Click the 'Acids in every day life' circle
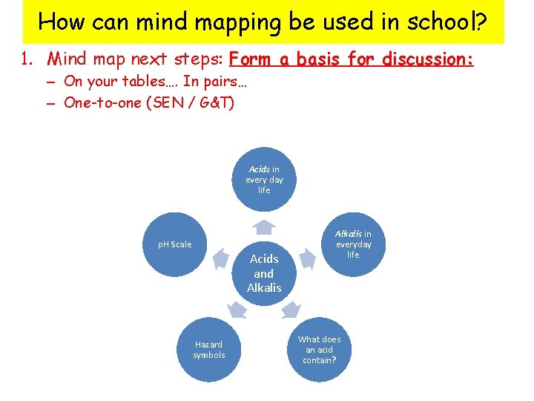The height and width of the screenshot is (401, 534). click(x=264, y=180)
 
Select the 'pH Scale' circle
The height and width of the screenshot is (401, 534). click(x=174, y=244)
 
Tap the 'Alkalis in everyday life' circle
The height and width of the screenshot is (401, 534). click(x=353, y=244)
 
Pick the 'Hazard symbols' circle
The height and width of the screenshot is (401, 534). click(x=209, y=350)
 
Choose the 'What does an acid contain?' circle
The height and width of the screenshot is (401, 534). click(x=320, y=350)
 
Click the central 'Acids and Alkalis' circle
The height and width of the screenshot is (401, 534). click(x=264, y=273)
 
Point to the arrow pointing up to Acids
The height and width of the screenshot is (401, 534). click(x=264, y=226)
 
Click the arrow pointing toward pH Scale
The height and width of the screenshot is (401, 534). click(x=220, y=259)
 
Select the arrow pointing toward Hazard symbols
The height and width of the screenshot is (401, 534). click(x=237, y=310)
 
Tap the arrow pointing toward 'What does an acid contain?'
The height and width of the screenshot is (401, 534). click(x=291, y=310)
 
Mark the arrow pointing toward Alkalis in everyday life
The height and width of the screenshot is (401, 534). click(x=308, y=259)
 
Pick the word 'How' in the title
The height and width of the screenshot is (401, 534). click(x=62, y=22)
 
